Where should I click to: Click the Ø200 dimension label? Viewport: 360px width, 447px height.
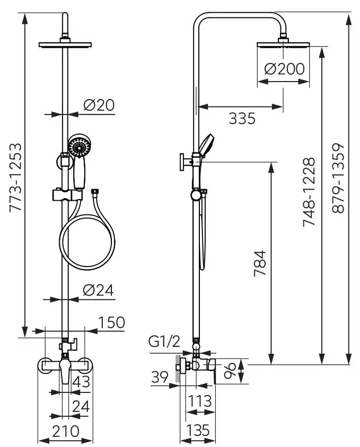coord(284,69)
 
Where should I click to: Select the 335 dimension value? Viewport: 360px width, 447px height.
coord(242,118)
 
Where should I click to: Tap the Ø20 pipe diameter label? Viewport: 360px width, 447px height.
coord(99,105)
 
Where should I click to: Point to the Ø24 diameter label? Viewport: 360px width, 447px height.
coord(99,290)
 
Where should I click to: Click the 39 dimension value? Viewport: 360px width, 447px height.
coord(160,377)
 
